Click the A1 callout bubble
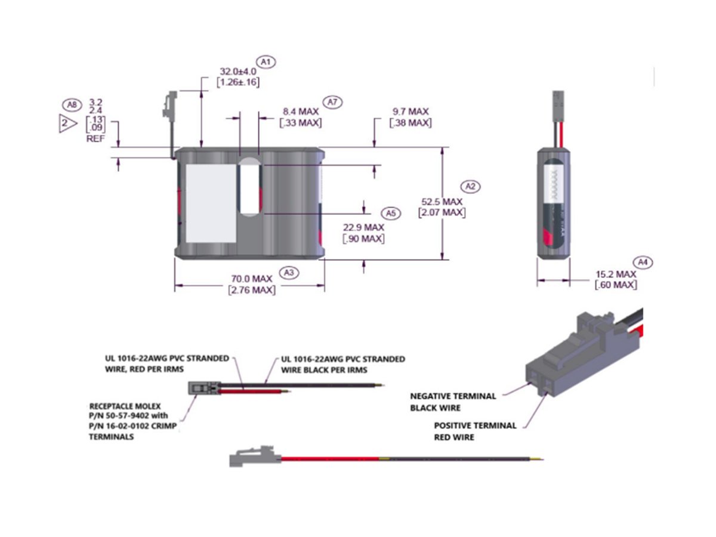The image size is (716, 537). (x=266, y=61)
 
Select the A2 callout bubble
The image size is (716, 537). (x=470, y=187)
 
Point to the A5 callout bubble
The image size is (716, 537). (x=391, y=213)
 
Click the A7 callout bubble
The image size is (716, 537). (x=332, y=102)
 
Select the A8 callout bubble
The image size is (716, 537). (x=72, y=105)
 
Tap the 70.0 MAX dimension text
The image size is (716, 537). (x=252, y=279)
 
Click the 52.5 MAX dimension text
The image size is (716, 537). (x=442, y=202)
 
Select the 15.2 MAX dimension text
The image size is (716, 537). (x=616, y=274)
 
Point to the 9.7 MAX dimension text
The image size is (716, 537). (x=411, y=112)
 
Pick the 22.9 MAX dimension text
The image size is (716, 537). (x=363, y=227)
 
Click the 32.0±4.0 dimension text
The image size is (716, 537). (x=237, y=70)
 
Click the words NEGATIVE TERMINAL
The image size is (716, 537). (x=453, y=396)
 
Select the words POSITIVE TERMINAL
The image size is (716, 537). (x=475, y=425)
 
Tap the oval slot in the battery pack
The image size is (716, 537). (x=249, y=189)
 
